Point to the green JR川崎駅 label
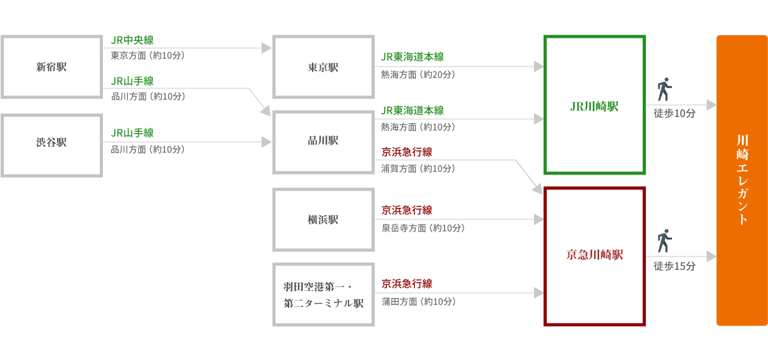coord(594,107)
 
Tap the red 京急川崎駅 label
coord(595,254)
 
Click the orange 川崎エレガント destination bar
coord(742,180)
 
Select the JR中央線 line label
coord(132,40)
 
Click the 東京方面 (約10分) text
coord(148,56)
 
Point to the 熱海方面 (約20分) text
coord(418,75)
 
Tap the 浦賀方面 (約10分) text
coord(418,169)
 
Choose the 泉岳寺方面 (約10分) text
coord(423,228)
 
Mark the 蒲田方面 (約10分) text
coord(419,302)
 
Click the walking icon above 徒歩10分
coord(664,89)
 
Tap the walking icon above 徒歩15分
coord(664,240)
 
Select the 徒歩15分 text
coord(675,266)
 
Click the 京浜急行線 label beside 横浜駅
coord(407,210)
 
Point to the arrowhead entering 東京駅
coord(267,48)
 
